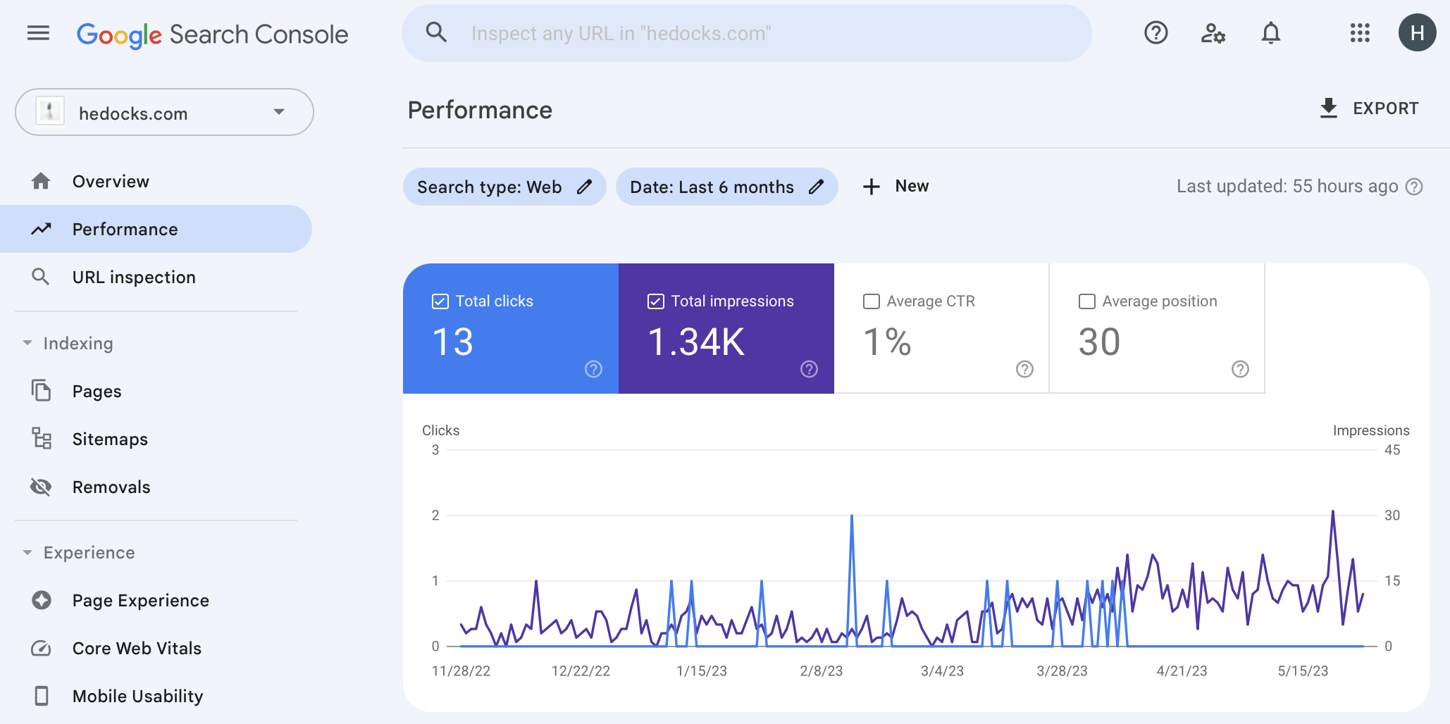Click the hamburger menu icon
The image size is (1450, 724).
tap(38, 33)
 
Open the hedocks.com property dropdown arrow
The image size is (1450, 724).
tap(279, 112)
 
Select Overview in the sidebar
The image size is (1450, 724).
tap(111, 182)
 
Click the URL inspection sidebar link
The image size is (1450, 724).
tap(134, 277)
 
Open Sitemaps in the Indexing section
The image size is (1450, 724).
tap(110, 439)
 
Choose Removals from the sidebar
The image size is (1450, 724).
tap(111, 487)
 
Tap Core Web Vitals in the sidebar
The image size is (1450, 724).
tap(137, 649)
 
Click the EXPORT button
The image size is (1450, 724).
tap(1369, 108)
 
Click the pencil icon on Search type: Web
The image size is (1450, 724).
tap(584, 187)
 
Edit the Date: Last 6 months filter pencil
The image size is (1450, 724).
tap(816, 187)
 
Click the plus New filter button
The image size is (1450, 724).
tap(896, 187)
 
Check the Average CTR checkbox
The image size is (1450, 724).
tap(872, 301)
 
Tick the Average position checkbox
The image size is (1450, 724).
tap(1087, 301)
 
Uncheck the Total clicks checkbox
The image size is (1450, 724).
tap(440, 301)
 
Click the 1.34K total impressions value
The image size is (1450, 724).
tap(696, 342)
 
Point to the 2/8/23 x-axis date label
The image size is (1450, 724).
tap(821, 671)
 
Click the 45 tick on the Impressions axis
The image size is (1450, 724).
tap(1392, 450)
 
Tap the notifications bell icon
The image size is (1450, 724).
tap(1270, 33)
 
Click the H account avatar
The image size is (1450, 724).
tap(1417, 33)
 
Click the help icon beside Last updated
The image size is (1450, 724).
tap(1414, 187)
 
